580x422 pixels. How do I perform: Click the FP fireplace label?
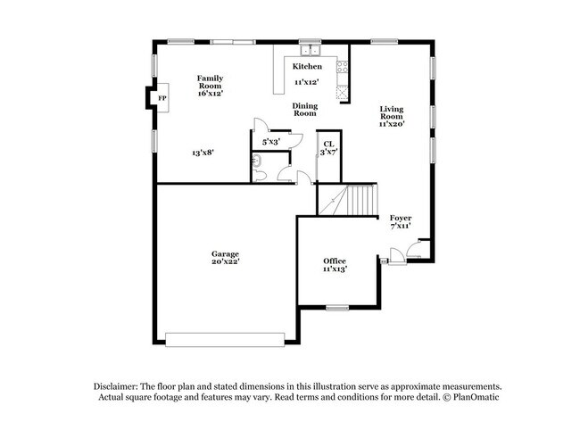[x=162, y=97]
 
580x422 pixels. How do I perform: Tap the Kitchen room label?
[x=308, y=67]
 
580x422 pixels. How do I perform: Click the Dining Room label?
[x=306, y=110]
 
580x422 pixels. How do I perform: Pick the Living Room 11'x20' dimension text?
[x=393, y=125]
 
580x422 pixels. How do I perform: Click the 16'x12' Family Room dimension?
[x=210, y=93]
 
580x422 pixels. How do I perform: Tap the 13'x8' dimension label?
[x=203, y=153]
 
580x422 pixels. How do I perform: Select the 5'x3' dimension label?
[x=270, y=142]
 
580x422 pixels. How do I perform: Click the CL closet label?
[x=328, y=144]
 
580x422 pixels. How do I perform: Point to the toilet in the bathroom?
[x=256, y=161]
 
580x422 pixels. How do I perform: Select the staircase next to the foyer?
[x=347, y=199]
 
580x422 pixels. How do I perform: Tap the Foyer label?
[x=401, y=218]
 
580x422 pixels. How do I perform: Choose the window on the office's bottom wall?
[x=336, y=308]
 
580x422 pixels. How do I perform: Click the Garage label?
[x=225, y=254]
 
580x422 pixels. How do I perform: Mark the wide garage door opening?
[x=225, y=339]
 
